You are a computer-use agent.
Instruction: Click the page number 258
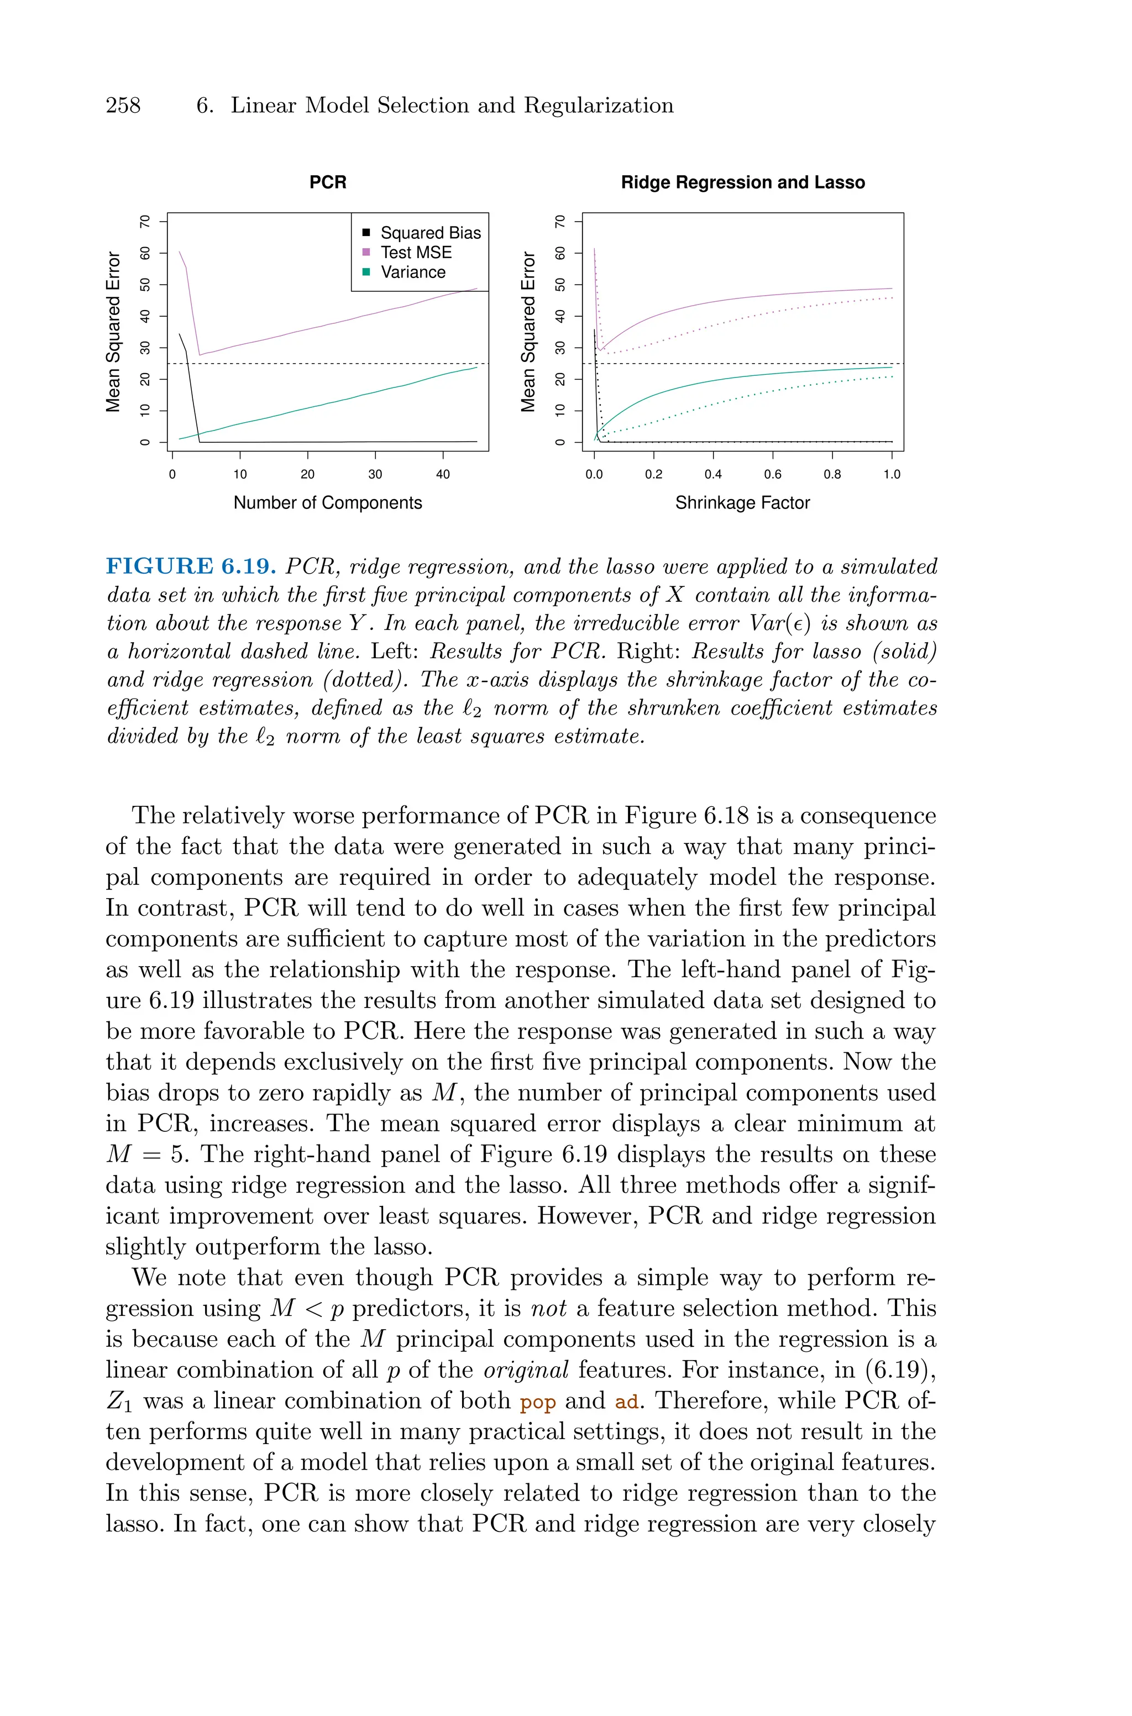pos(123,106)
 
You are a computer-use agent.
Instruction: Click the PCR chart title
pos(328,182)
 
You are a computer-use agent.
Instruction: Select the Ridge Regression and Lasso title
pos(742,182)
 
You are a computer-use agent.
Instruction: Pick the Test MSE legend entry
pos(416,253)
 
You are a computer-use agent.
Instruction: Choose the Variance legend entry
pos(412,272)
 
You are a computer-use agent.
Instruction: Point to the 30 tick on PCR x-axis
pos(375,474)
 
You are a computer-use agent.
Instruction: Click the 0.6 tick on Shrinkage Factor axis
pos(773,474)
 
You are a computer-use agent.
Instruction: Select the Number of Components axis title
pos(328,503)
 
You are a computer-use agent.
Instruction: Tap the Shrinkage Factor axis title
pos(742,503)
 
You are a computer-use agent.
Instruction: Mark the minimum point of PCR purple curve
pos(200,354)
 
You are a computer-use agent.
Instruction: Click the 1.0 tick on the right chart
pos(892,474)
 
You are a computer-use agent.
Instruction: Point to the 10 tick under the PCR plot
pos(240,474)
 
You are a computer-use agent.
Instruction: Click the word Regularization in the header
pos(599,106)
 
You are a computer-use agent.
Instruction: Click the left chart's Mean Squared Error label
pos(113,332)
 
